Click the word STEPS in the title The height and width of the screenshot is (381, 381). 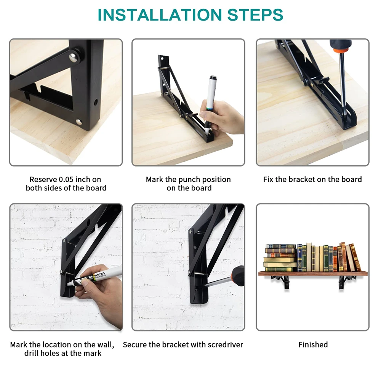(x=255, y=14)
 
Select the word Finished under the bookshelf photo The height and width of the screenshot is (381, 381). (x=313, y=344)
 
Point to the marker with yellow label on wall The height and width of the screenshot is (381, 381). (x=93, y=277)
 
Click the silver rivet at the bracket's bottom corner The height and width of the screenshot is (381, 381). (x=78, y=122)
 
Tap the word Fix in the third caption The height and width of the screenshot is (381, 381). (x=268, y=179)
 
